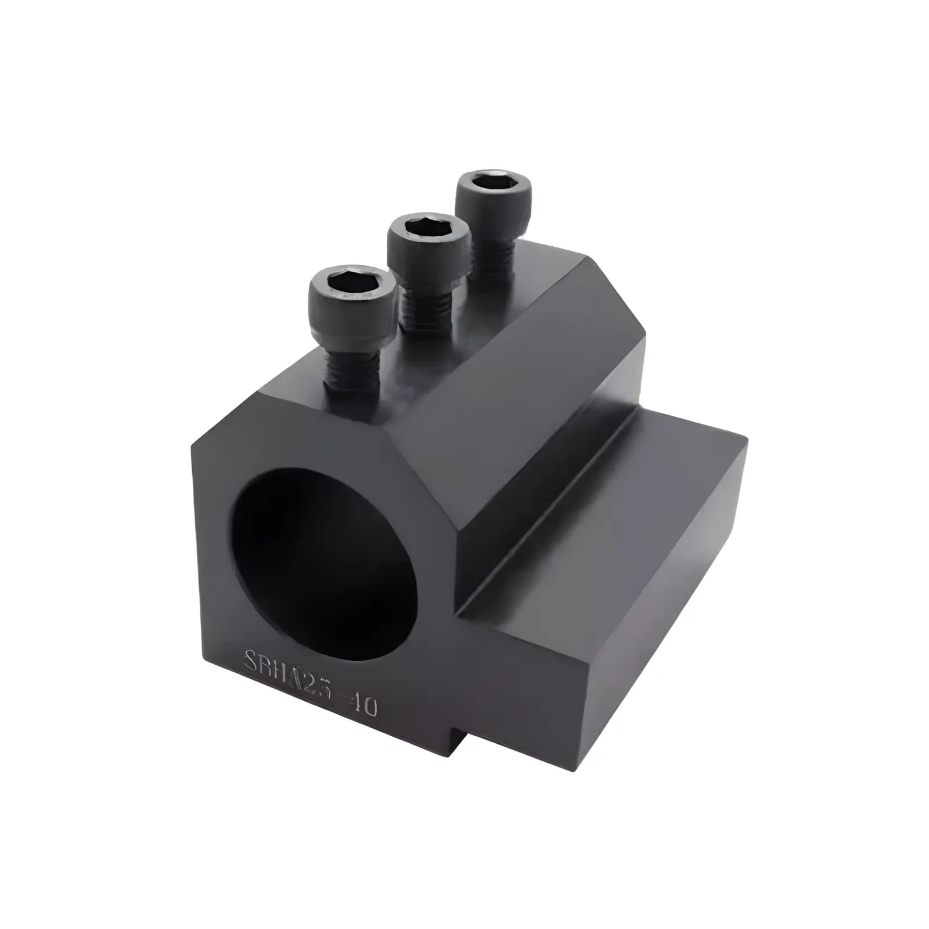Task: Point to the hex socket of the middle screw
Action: click(x=429, y=228)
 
